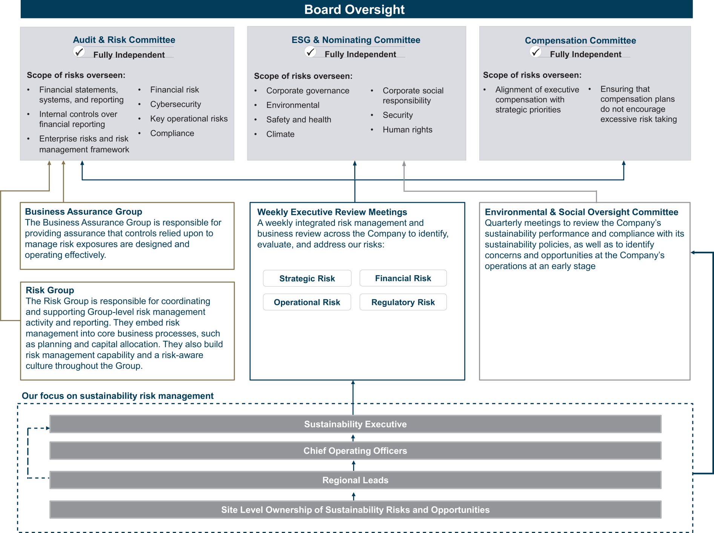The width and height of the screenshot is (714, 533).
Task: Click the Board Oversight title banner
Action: (356, 9)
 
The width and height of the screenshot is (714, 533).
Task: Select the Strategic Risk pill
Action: (307, 278)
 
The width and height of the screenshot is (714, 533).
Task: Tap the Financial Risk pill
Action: (403, 278)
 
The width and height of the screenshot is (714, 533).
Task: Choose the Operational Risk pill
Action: (307, 302)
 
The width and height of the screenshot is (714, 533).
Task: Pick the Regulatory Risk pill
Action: (403, 302)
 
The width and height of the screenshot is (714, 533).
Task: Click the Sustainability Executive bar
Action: (355, 424)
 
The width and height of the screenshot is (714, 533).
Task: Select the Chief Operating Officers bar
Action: (355, 450)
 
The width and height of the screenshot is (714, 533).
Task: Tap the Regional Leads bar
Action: (355, 480)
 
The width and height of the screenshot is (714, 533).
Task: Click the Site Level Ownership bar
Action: (355, 510)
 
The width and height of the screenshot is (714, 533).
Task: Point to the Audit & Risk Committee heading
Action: (124, 40)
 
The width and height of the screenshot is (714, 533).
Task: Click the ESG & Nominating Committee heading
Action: (356, 40)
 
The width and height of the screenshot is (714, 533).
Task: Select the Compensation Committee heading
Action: (580, 40)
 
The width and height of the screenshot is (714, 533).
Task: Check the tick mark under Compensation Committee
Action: (536, 52)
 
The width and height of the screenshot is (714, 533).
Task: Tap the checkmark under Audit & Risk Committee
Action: (79, 52)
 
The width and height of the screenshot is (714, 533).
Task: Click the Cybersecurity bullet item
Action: (175, 104)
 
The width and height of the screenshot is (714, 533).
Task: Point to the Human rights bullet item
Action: (407, 130)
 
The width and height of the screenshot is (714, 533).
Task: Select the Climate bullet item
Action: (280, 134)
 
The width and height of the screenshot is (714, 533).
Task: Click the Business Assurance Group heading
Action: (83, 211)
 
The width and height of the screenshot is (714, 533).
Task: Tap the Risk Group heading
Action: (50, 290)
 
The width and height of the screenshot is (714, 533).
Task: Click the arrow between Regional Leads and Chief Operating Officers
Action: (353, 465)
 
